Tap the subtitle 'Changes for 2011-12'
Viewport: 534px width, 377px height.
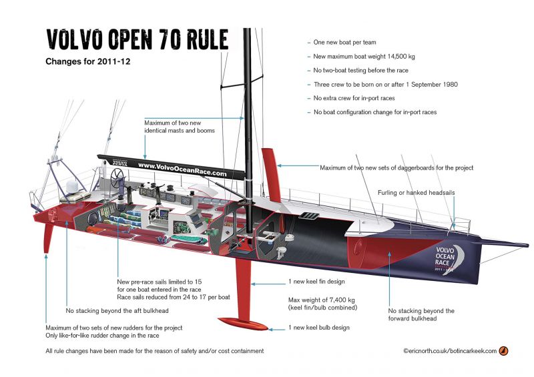pos(88,61)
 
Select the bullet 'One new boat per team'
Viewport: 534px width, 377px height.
pos(344,42)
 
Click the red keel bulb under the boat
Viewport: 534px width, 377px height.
pos(243,324)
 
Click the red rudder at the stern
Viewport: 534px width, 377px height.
pos(48,238)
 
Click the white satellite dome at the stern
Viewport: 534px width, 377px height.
pos(73,187)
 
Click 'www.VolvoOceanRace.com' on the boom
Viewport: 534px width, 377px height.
pos(182,170)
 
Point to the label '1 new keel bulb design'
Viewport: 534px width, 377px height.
pos(319,328)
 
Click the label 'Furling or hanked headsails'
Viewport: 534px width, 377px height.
pos(416,193)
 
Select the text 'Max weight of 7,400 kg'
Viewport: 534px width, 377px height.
pos(322,300)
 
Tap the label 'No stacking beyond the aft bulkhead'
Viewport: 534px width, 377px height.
pos(117,310)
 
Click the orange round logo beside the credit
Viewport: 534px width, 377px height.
pos(503,351)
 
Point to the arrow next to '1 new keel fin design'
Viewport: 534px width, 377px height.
pos(268,284)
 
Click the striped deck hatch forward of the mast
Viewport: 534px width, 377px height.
pos(309,216)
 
